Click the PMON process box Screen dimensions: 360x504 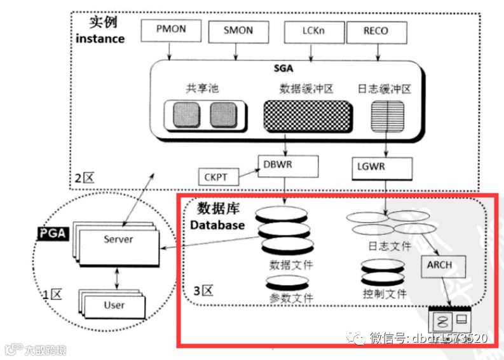(170, 30)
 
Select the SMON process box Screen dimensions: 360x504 (238, 31)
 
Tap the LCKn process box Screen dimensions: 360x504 (312, 31)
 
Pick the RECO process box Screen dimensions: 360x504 (376, 31)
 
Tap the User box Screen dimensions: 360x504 (114, 305)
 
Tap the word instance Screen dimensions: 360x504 (100, 38)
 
